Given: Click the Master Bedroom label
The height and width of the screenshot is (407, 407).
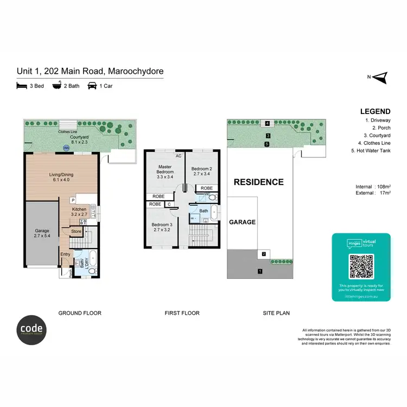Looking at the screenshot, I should point(164,171).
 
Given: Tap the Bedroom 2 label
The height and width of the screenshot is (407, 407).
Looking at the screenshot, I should point(202,171).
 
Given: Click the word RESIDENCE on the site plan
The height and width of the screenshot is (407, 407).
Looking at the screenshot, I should point(258,182).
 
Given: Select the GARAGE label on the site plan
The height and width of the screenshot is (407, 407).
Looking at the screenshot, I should point(242,222).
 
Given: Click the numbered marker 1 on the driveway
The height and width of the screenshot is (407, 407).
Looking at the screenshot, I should point(260,270).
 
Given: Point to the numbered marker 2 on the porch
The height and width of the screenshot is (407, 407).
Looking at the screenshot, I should point(263,253).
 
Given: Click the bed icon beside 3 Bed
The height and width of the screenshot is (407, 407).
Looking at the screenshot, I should point(22,86).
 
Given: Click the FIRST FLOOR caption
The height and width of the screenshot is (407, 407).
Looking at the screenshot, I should point(182,313).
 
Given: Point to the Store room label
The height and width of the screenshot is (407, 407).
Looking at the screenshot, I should point(76,232).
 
